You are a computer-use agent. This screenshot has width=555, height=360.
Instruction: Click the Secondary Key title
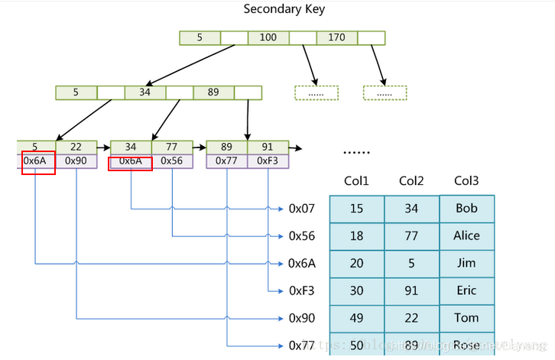(283, 9)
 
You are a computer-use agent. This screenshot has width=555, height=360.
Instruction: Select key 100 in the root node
(268, 37)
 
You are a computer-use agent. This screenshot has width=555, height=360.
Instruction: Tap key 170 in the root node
(336, 37)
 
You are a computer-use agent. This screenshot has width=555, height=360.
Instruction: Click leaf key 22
(76, 148)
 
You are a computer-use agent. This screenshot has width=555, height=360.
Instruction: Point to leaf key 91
(268, 148)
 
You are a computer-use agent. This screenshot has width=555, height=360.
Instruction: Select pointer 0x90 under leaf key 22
(76, 161)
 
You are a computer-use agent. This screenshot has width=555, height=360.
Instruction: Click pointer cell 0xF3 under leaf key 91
(268, 161)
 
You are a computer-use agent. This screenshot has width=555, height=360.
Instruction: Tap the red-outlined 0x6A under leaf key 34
(131, 161)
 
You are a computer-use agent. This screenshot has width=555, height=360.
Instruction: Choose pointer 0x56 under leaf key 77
(172, 161)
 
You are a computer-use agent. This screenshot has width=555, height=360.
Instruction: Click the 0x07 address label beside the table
(301, 208)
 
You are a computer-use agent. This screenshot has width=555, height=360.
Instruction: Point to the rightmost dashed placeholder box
(385, 93)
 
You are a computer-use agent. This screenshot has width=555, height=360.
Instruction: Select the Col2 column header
(411, 181)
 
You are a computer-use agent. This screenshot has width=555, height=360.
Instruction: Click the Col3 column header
(466, 181)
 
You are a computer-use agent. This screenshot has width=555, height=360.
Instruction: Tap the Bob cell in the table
(466, 209)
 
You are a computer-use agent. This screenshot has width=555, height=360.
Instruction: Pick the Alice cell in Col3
(466, 236)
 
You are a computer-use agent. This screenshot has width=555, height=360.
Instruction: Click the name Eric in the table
(466, 291)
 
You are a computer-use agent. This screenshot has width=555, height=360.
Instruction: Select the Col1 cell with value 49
(356, 319)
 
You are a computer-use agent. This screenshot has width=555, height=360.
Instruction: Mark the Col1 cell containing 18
(356, 236)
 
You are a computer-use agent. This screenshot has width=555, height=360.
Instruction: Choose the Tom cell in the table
(466, 319)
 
